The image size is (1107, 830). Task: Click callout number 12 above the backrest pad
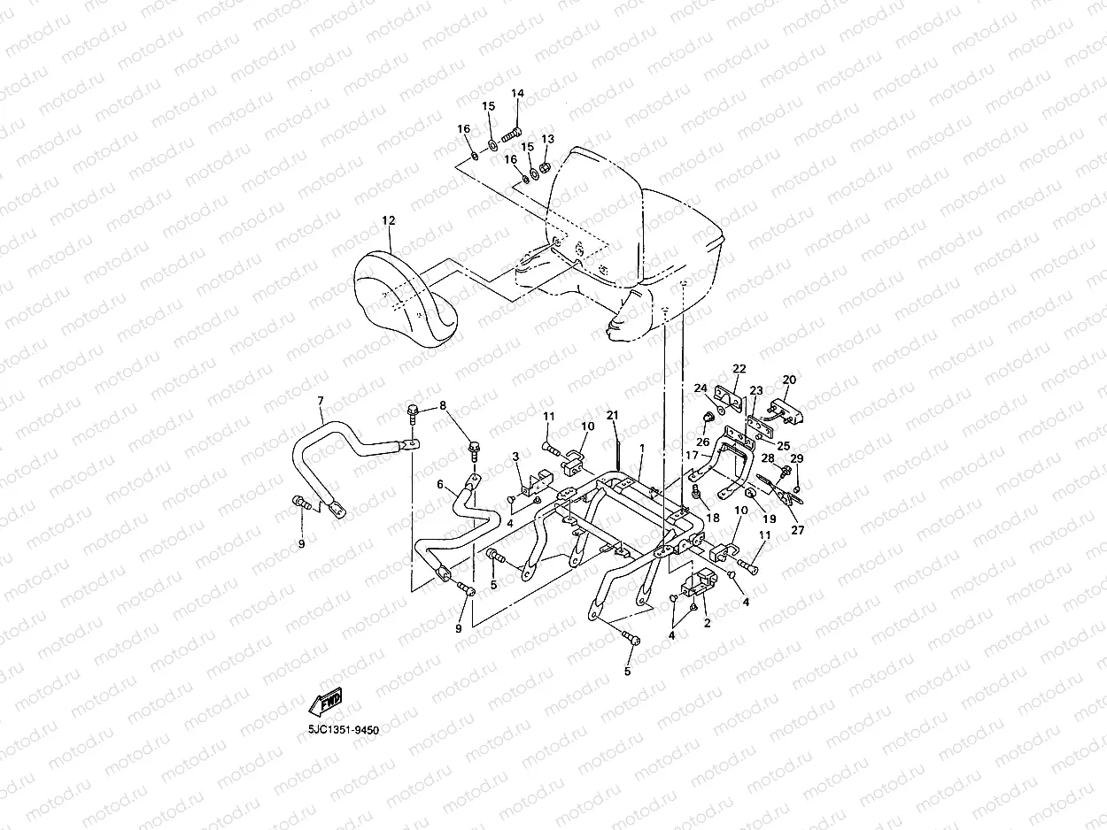click(389, 220)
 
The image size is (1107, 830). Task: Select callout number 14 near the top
click(517, 94)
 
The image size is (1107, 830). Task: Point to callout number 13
click(547, 140)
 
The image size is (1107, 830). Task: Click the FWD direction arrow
click(324, 703)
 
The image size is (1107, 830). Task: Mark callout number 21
click(612, 416)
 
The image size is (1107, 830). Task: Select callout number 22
click(739, 369)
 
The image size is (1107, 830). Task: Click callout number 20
click(789, 380)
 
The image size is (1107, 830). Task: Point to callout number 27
click(798, 531)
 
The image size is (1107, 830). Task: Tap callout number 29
click(796, 458)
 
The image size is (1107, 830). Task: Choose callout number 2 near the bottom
click(707, 624)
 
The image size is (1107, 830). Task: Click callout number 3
click(515, 456)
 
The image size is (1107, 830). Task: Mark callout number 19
click(769, 519)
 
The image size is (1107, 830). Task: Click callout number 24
click(700, 388)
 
